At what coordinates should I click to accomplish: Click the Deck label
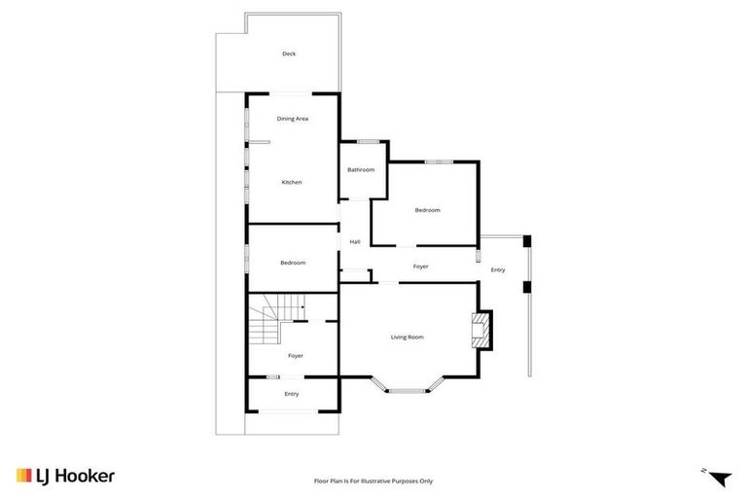click(289, 53)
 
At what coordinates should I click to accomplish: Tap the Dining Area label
click(293, 119)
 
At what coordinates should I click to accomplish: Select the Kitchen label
click(292, 182)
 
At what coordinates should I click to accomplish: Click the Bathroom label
click(361, 170)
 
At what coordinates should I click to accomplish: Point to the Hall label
click(355, 242)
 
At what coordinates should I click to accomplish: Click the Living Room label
click(408, 338)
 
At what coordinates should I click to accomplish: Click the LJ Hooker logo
click(66, 476)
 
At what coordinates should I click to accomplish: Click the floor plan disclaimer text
click(373, 480)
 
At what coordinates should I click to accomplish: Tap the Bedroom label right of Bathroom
click(428, 210)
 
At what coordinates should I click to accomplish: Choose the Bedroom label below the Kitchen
click(293, 263)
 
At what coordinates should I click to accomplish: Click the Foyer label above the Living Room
click(420, 267)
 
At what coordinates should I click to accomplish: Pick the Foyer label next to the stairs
click(296, 356)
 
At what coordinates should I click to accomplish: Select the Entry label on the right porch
click(498, 269)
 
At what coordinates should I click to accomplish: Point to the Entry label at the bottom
click(292, 394)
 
